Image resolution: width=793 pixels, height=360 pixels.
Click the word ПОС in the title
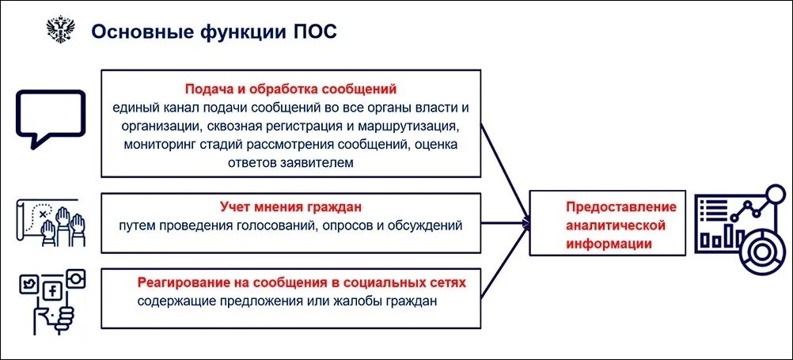point(316,31)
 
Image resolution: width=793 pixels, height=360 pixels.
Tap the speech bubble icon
point(50,117)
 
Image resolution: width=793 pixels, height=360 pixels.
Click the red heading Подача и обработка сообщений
point(290,89)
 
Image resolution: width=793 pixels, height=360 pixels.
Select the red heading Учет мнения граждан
point(290,207)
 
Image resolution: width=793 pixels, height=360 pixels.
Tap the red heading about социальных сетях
point(302,282)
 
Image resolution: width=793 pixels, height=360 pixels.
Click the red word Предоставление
point(621,207)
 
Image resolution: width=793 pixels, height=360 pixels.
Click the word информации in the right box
point(609,244)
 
